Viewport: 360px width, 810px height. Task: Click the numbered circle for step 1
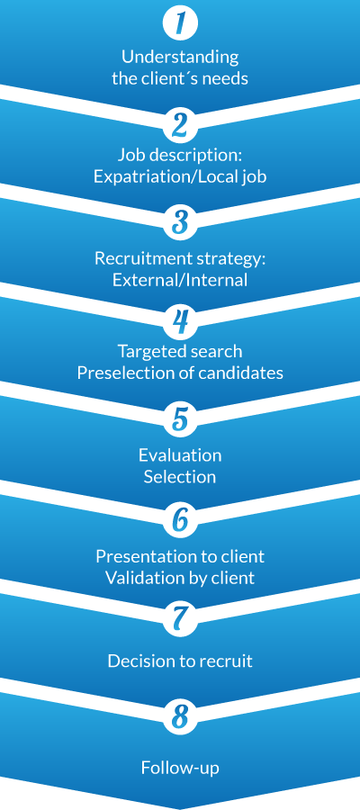180,23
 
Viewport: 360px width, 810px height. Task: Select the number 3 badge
180,223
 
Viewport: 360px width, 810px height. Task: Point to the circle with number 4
180,322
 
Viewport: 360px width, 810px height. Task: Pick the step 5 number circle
180,420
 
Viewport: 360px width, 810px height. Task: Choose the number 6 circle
180,521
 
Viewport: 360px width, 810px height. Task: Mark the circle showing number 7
180,619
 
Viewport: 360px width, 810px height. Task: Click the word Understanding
180,58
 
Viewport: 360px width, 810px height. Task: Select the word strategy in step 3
236,259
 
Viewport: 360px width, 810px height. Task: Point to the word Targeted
148,352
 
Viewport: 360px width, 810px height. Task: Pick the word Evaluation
180,455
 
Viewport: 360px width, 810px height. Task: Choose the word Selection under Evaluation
180,476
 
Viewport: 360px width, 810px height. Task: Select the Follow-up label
180,769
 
